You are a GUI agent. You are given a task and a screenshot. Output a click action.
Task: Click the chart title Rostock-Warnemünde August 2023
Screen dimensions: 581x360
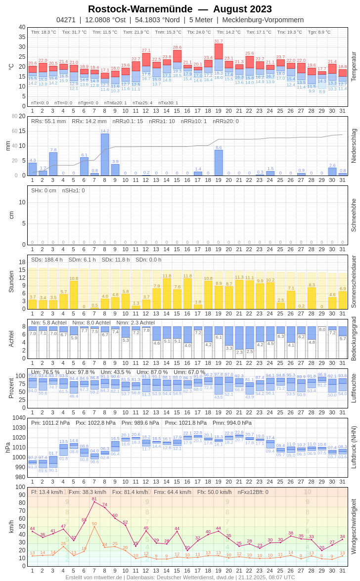[180, 9]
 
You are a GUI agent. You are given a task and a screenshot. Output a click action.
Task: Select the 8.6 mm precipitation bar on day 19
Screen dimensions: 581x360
[219, 163]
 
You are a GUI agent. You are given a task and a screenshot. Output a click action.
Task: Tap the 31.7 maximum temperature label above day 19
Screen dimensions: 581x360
[219, 41]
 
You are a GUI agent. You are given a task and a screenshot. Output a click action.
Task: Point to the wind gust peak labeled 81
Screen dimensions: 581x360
[94, 499]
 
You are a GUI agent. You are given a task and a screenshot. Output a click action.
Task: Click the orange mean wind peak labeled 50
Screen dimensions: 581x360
[94, 524]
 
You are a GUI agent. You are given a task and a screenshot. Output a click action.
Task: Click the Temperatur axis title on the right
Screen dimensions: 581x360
[354, 67]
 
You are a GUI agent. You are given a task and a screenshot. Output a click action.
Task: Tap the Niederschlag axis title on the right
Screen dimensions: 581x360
[354, 146]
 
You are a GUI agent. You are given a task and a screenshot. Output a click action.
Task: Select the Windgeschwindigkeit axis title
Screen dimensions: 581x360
[354, 526]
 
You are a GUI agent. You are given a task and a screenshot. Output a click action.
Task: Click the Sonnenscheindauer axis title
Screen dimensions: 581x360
[354, 282]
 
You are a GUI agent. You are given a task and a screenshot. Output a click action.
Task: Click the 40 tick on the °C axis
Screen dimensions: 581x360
[22, 27]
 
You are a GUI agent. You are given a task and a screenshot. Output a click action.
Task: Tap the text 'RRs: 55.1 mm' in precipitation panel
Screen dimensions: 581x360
[49, 121]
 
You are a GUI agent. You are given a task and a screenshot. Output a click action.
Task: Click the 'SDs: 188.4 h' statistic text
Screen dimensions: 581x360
[47, 260]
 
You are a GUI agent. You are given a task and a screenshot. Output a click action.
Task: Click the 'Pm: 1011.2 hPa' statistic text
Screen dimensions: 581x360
[50, 423]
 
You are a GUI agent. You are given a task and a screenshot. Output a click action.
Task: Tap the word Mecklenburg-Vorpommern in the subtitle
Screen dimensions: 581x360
[263, 20]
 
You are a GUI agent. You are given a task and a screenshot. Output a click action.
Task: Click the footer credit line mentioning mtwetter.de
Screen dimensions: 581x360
[180, 577]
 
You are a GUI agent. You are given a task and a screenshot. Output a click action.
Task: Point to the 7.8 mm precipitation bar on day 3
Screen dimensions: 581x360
[53, 164]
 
